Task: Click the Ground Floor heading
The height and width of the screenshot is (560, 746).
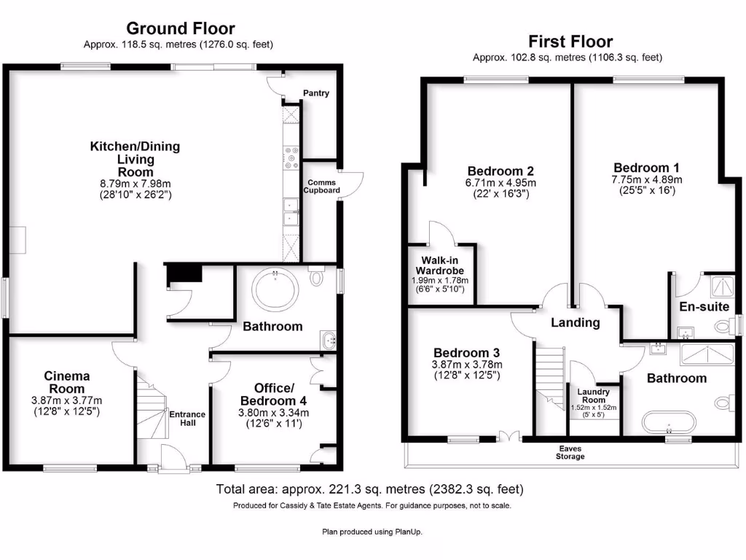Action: [x=180, y=28]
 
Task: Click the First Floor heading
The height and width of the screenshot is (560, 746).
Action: [x=570, y=42]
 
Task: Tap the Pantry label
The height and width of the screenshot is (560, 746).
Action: [x=316, y=93]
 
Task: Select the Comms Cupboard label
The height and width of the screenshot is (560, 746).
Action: [x=321, y=186]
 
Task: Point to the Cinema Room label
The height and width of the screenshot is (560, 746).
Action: [x=66, y=382]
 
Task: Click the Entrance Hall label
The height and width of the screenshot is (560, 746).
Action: [x=187, y=419]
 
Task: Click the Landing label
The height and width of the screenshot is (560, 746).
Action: [x=575, y=322]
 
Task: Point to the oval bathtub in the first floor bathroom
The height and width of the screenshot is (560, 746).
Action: [x=668, y=422]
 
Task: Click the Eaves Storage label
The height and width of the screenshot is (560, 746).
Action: [x=570, y=452]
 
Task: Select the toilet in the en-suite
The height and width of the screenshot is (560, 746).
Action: [x=723, y=326]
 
